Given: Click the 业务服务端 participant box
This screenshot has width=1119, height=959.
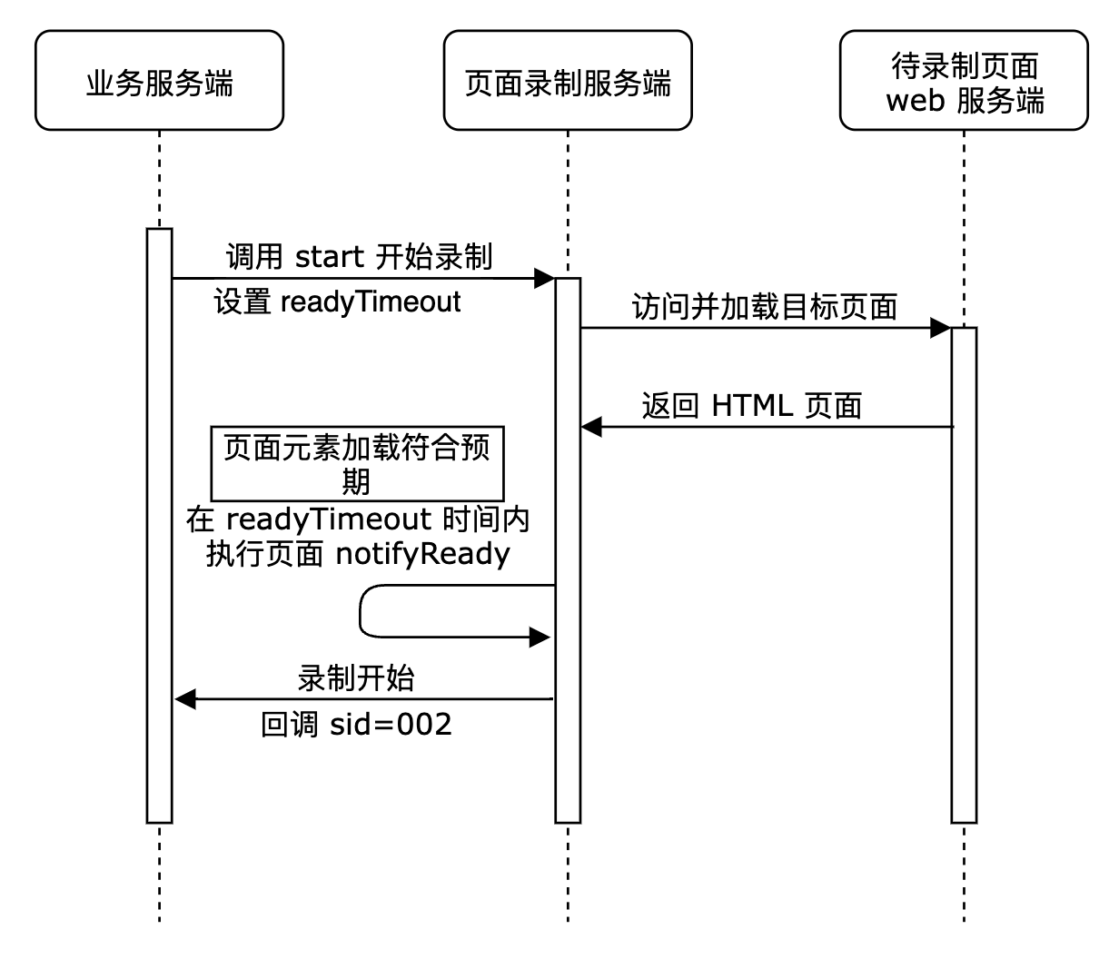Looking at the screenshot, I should [x=159, y=81].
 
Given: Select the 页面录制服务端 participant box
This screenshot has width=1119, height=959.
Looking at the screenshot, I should [x=568, y=81].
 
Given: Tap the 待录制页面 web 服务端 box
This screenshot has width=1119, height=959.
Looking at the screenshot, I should [x=964, y=81].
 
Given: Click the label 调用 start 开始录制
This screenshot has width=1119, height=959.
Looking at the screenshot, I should [x=359, y=257].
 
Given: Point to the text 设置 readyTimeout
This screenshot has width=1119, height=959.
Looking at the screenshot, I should [x=338, y=302].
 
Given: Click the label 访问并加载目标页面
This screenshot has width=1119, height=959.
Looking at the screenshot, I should [x=765, y=307].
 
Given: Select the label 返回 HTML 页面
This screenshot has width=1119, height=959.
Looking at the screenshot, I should [x=751, y=405].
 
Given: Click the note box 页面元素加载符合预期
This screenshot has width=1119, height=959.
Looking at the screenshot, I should [x=356, y=462].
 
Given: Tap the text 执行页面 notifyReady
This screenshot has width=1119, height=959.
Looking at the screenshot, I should [x=358, y=554].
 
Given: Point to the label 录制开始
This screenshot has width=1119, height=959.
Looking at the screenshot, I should [x=355, y=677].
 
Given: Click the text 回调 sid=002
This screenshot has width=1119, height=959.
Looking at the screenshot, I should [x=356, y=725].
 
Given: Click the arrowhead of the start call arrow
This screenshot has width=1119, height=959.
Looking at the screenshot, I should [x=544, y=277].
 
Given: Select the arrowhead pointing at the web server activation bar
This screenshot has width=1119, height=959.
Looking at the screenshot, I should [x=940, y=328].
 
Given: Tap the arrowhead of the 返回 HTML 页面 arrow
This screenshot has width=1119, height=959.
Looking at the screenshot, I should [x=592, y=427].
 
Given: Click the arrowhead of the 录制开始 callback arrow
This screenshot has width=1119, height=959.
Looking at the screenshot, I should [x=185, y=699].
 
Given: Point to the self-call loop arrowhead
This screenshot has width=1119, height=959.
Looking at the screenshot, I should [x=540, y=638].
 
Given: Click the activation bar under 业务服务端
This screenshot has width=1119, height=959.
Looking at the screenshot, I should [x=159, y=527].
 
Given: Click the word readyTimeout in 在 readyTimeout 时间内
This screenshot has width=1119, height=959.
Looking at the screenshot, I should [x=328, y=519].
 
